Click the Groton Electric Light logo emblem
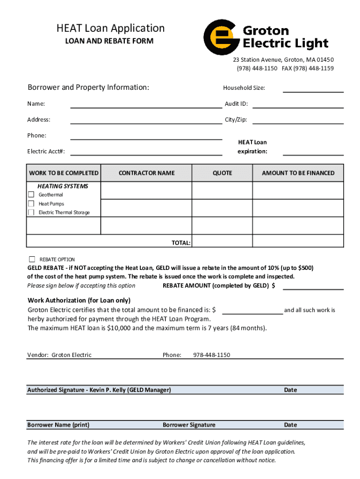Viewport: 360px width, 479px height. point(221,37)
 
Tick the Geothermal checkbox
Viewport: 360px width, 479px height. point(31,195)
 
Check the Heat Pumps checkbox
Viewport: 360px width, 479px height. point(31,203)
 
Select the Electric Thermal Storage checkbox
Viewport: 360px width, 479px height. point(31,212)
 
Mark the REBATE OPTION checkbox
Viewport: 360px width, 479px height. point(32,259)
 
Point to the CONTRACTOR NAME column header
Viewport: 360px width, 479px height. point(146,173)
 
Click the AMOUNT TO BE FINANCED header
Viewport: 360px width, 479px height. point(298,173)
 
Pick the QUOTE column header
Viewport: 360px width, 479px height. point(222,173)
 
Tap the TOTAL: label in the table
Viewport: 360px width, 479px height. point(180,243)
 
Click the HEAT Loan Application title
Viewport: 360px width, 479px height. point(110,28)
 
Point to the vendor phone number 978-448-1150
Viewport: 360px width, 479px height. point(211,355)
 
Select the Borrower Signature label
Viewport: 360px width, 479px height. point(189,425)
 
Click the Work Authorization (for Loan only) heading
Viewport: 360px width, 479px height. point(79,300)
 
